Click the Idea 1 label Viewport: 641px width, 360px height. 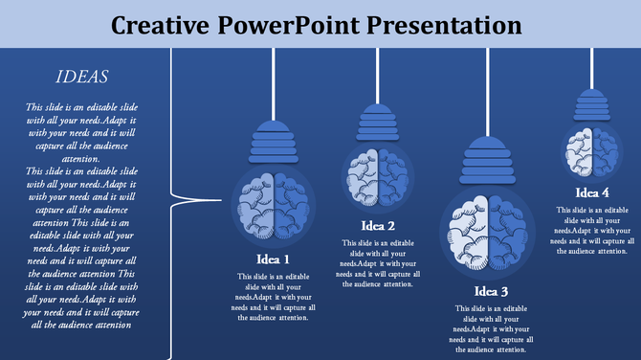tap(273, 259)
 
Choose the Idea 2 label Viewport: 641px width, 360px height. tap(378, 227)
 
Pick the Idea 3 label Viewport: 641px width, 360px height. tap(491, 291)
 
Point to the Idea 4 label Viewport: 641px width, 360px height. tap(593, 193)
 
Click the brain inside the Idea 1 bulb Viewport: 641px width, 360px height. tap(274, 205)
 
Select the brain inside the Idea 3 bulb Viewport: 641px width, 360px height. tap(490, 231)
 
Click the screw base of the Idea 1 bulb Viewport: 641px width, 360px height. tap(274, 144)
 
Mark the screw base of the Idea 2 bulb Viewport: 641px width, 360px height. tap(377, 124)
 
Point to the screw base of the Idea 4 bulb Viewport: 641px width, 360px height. tap(593, 104)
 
